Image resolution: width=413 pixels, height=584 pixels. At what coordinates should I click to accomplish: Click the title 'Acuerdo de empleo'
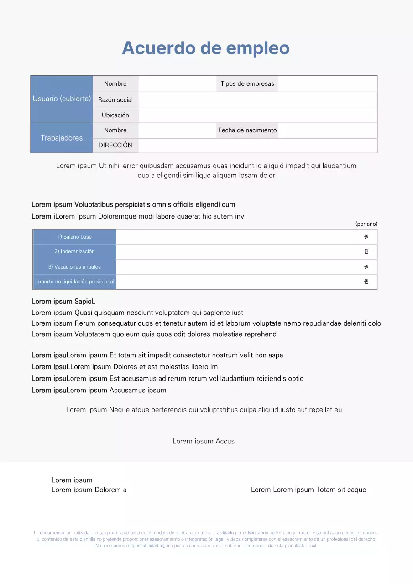[206, 48]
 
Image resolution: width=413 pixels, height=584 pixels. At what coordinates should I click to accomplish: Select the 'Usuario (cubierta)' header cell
[62, 99]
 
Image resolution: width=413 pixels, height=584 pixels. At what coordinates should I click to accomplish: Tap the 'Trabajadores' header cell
[62, 138]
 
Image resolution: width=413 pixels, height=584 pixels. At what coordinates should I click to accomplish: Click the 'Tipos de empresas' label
[247, 83]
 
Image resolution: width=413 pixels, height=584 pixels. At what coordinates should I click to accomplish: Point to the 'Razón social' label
[115, 100]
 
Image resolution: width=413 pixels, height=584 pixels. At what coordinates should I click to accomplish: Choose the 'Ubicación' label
[115, 115]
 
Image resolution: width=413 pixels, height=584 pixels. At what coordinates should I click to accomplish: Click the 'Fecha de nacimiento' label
[247, 130]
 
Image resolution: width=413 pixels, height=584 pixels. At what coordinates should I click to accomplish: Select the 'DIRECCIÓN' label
[115, 145]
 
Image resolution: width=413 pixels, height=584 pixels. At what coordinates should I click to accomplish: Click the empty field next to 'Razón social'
[257, 100]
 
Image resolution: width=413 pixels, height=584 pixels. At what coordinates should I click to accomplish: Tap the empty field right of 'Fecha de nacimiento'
[327, 130]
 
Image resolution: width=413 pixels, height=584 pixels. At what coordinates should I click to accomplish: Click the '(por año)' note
[366, 224]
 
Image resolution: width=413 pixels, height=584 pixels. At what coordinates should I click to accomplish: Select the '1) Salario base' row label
[74, 237]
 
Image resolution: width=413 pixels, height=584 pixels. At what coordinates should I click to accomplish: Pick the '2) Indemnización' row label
[74, 251]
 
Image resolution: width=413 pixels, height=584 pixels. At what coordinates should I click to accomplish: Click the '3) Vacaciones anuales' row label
[74, 267]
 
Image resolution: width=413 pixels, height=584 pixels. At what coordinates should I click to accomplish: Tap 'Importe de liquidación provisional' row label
[74, 282]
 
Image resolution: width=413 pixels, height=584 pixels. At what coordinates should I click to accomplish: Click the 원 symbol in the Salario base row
[366, 237]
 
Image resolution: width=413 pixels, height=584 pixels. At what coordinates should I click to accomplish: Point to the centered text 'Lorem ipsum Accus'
[204, 441]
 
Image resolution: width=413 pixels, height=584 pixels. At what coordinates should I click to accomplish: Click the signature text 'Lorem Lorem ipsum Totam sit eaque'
[308, 490]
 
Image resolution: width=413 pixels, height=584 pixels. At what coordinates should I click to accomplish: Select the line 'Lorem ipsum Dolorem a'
[89, 490]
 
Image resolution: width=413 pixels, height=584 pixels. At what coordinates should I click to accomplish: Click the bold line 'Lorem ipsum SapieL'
[63, 302]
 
